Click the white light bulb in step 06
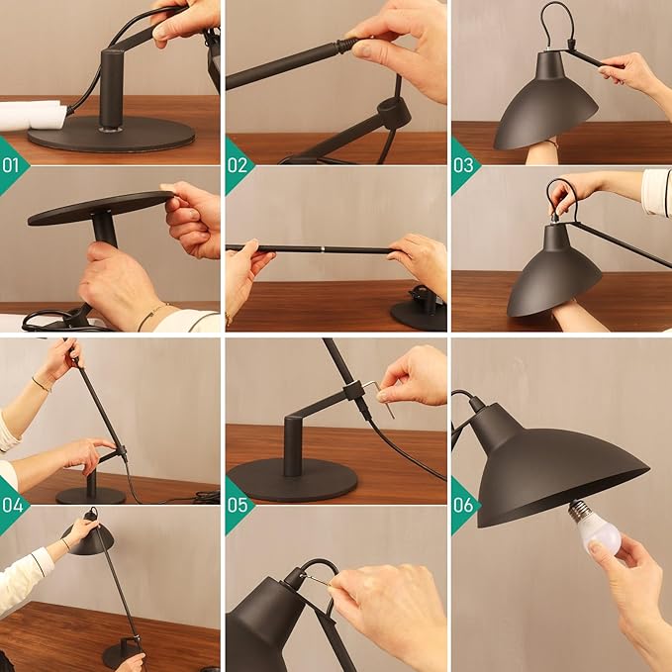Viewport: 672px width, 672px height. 599,529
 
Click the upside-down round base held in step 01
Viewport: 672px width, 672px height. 99,206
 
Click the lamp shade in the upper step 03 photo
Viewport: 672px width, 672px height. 546,104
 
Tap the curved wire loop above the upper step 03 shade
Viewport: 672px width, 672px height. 556,22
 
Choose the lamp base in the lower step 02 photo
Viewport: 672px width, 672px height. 420,310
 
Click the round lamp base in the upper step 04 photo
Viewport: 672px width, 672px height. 90,494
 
